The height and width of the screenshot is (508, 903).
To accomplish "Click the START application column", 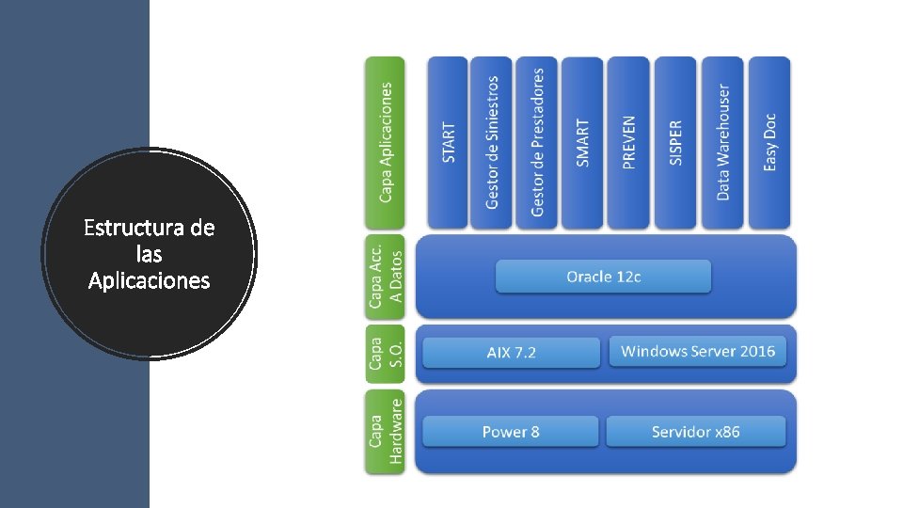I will pos(448,142).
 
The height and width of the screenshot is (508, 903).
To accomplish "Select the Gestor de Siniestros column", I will pos(492,142).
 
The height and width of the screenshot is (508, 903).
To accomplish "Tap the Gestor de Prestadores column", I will pos(537,142).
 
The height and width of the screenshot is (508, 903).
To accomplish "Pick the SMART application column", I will pos(583,142).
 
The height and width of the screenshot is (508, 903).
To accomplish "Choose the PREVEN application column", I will pos(628,142).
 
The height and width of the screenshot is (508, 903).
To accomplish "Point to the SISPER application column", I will pos(675,142).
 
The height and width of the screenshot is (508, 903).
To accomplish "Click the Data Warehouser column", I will pos(722,142).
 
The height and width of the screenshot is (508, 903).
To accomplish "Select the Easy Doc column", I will pos(768,142).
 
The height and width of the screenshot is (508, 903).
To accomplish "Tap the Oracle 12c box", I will pos(603,277).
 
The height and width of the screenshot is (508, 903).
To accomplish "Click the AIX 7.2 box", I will pos(511,353).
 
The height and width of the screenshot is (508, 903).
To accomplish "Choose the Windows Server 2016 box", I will pos(698,351).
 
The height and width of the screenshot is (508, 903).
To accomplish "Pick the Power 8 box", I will pos(511,432).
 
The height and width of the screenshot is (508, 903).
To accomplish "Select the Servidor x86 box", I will pos(695,432).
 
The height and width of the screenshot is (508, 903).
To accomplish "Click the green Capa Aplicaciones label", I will pos(385,142).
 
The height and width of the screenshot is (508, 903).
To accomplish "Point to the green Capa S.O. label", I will pos(385,354).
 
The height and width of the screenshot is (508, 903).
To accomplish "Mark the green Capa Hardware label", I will pos(385,432).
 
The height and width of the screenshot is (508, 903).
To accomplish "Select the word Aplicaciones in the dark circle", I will pos(149,280).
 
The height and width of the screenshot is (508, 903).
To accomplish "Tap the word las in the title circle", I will pos(149,254).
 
